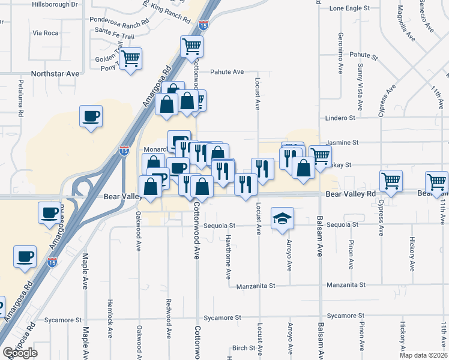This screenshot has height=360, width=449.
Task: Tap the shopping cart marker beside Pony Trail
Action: [130, 59]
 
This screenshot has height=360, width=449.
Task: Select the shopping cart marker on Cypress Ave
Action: [391, 181]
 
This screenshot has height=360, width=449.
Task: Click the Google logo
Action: [20, 353]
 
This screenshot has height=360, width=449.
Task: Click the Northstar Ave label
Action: [55, 74]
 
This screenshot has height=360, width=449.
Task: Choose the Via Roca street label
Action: [45, 33]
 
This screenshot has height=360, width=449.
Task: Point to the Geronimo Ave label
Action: [340, 53]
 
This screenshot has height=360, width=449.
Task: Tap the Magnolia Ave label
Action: [406, 23]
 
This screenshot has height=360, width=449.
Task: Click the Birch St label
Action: [244, 348]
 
